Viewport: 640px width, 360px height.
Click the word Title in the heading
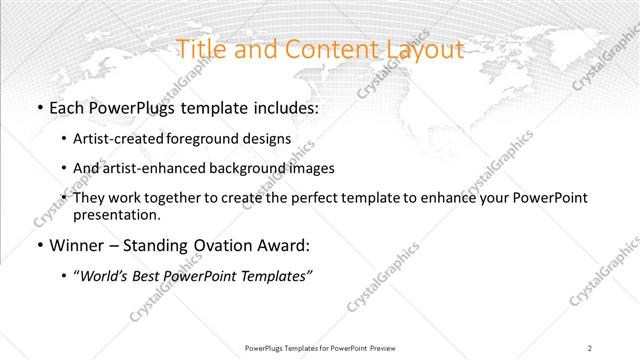(x=201, y=49)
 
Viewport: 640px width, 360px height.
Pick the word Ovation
(x=228, y=245)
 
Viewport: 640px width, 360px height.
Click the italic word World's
(x=105, y=276)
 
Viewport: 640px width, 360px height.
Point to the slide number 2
(x=590, y=348)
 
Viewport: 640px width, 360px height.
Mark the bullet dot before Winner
(x=38, y=246)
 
